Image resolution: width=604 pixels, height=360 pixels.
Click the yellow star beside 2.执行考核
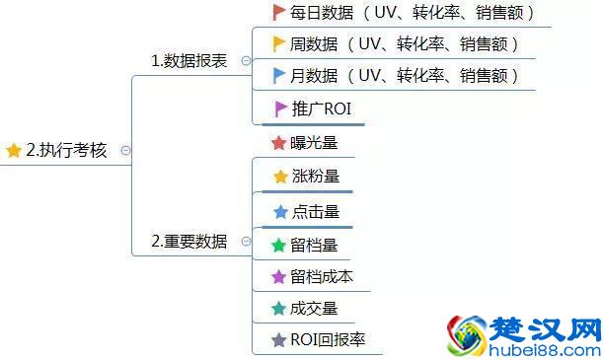point(14,151)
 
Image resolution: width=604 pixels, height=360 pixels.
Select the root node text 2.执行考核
point(66,151)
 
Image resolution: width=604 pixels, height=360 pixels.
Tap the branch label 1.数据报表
point(189,61)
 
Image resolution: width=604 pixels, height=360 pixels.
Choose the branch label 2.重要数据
point(189,242)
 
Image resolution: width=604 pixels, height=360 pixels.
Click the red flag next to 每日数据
point(278,13)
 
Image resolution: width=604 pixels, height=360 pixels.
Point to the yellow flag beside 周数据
point(278,44)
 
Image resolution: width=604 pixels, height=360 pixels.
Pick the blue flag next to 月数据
point(278,76)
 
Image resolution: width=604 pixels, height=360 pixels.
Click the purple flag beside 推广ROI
point(280,108)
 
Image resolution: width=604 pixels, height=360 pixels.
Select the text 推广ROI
point(321,108)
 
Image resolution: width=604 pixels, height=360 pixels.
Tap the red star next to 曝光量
point(278,143)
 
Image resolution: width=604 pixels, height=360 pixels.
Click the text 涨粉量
point(315,177)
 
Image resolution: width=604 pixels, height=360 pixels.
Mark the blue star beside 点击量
point(279,211)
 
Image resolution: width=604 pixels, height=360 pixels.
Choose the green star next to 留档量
point(278,245)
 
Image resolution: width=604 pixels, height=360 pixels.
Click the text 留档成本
point(322,277)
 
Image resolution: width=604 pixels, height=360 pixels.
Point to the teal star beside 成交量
point(278,309)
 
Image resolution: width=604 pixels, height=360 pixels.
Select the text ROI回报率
point(328,340)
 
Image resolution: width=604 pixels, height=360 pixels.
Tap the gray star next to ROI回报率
point(278,340)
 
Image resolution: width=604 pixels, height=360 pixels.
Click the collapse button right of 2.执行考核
point(125,151)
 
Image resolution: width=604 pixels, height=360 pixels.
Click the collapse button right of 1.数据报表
point(246,61)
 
